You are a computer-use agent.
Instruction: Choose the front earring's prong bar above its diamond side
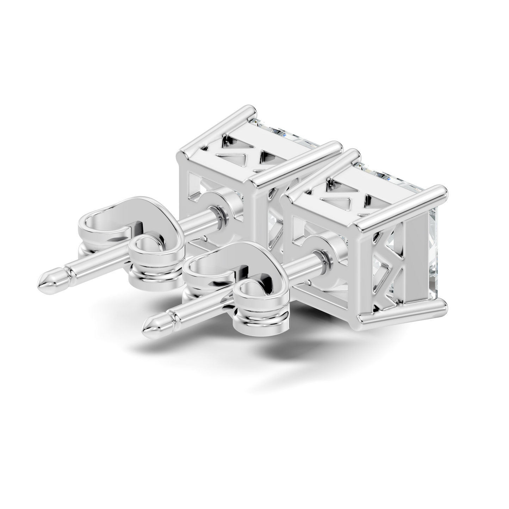click(x=402, y=206)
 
